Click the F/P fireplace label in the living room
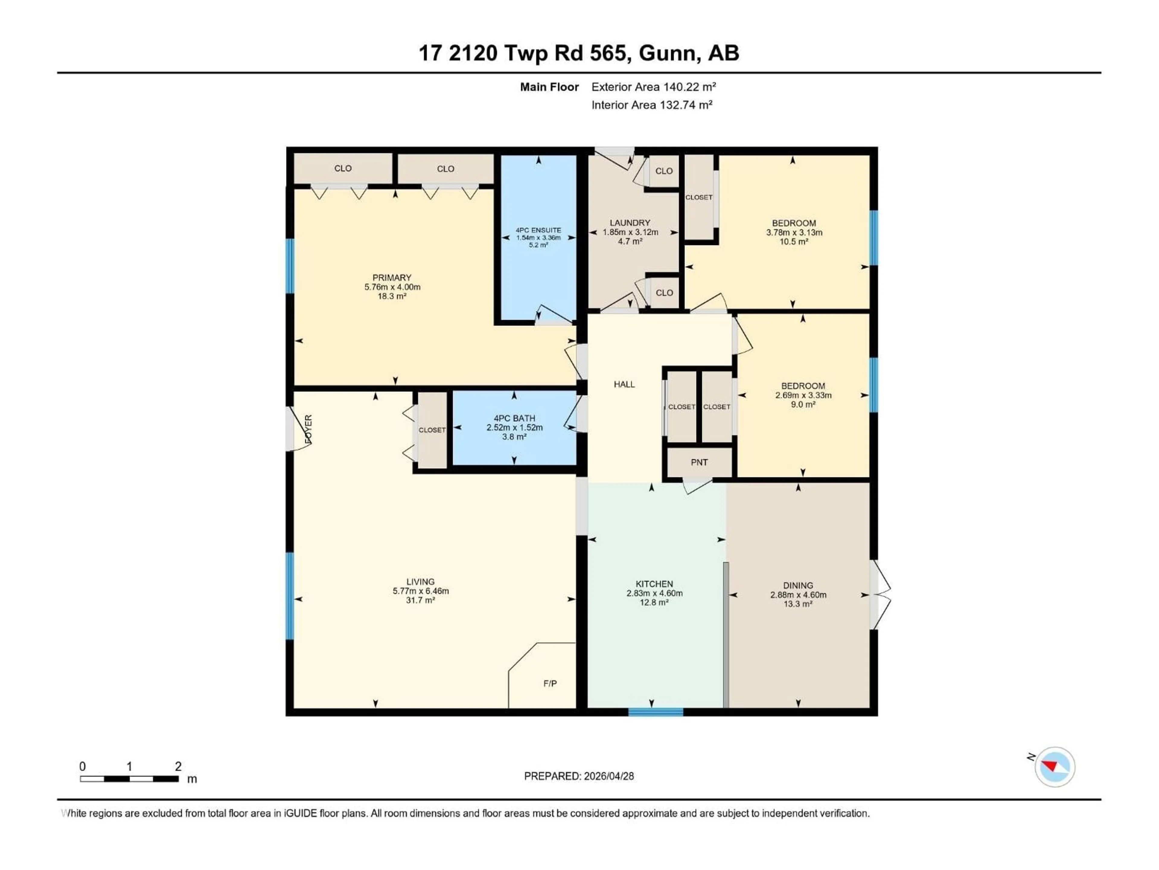click(x=550, y=683)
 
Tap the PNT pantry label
click(x=699, y=462)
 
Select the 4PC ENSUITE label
click(x=538, y=230)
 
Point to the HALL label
click(x=624, y=384)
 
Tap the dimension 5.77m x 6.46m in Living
click(x=421, y=591)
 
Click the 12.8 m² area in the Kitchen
click(x=654, y=603)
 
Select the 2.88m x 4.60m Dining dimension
click(x=798, y=595)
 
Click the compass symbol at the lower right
click(x=1055, y=767)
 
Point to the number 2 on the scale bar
click(x=178, y=766)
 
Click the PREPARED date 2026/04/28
click(x=608, y=776)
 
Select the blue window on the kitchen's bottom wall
click(x=656, y=712)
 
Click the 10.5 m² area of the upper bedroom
click(x=794, y=242)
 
